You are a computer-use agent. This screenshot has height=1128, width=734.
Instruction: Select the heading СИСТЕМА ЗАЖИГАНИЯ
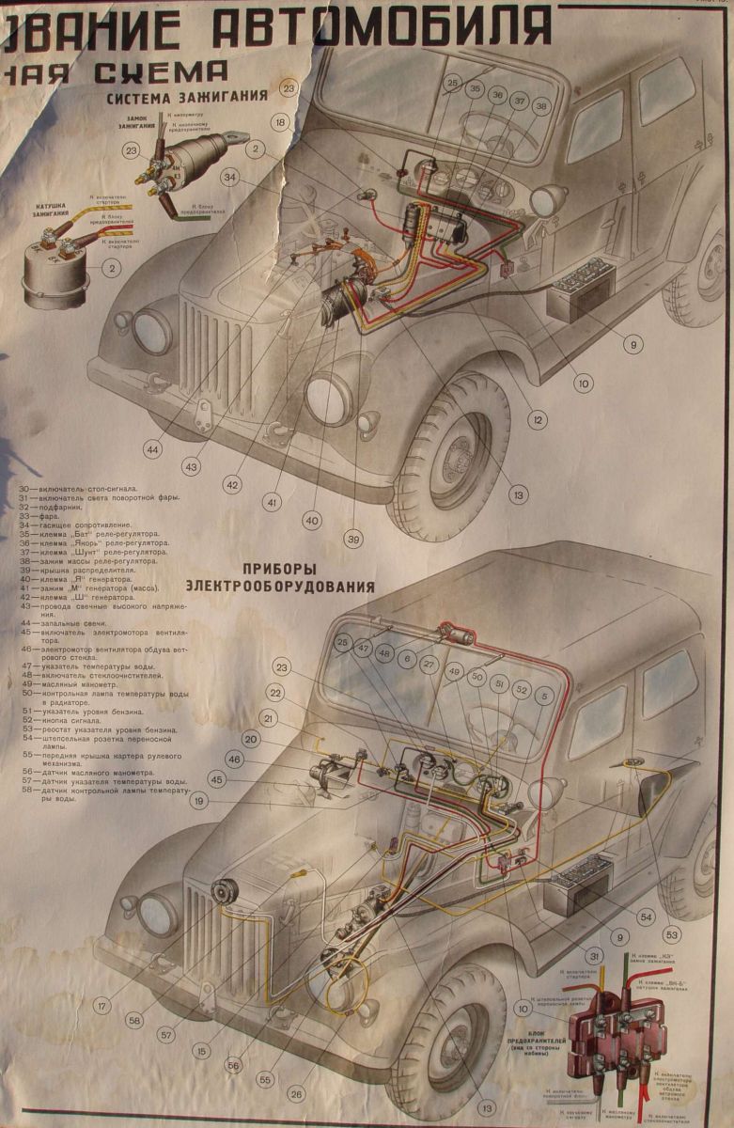click(x=187, y=97)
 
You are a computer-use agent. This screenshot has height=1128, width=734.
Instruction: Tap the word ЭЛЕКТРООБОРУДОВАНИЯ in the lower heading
click(x=281, y=586)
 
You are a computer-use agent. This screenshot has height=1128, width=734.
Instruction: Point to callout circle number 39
click(x=353, y=539)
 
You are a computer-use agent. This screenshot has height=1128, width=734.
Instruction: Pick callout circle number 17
click(x=102, y=1006)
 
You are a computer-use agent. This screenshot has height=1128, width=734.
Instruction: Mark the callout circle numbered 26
click(x=297, y=1093)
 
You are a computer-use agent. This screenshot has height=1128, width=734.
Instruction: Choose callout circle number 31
click(x=596, y=956)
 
